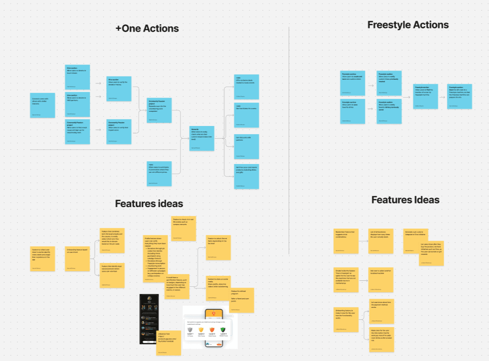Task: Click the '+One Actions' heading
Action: [147, 29]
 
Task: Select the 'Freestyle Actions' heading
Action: [408, 25]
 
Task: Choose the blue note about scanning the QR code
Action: [459, 96]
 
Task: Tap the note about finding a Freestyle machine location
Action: [425, 96]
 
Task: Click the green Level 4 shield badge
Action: [223, 330]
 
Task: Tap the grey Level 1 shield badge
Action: [190, 330]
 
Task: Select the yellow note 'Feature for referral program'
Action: [241, 300]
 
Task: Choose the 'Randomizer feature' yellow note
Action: [346, 241]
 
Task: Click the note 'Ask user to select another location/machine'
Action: [380, 280]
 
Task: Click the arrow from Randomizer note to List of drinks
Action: [363, 241]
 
